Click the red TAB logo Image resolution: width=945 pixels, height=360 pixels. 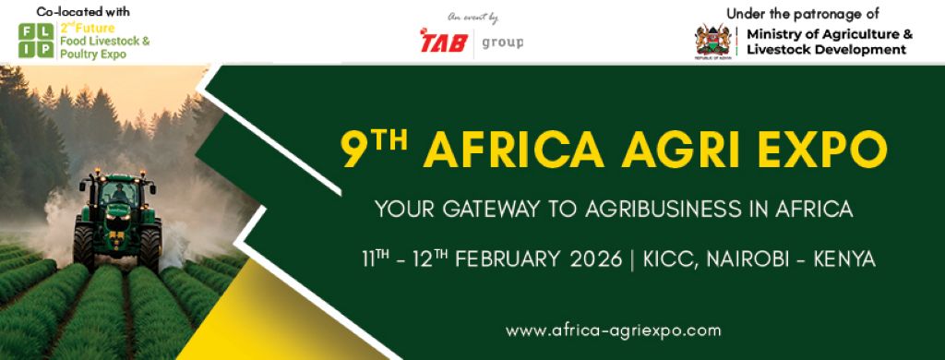point(444,41)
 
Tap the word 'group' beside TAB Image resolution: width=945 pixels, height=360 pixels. point(503,42)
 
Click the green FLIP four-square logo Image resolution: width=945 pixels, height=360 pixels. point(36,41)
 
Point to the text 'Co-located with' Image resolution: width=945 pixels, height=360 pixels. point(83,11)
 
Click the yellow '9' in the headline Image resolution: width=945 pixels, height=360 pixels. point(352,150)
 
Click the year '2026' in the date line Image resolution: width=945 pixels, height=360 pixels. point(595,259)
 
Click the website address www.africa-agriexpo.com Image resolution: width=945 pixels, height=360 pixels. point(613,330)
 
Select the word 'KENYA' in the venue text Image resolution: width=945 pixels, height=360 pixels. point(844,259)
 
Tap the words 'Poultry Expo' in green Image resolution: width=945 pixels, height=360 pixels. point(93,54)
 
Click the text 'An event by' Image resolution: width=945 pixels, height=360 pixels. point(473,18)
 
